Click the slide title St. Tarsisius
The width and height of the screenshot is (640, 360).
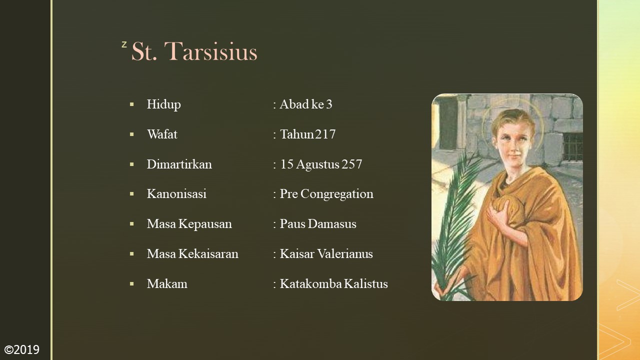tap(194, 52)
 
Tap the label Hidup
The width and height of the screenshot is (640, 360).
tap(163, 104)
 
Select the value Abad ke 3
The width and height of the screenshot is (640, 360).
tap(305, 104)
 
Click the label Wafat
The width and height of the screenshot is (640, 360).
tap(162, 134)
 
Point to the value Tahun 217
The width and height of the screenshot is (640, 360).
tap(307, 134)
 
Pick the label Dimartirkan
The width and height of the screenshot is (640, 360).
tap(179, 164)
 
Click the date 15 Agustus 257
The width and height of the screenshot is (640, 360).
tap(320, 164)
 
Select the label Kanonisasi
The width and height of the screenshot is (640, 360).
tap(176, 194)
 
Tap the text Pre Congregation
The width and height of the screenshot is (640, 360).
tap(326, 194)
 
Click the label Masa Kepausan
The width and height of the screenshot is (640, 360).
tap(189, 224)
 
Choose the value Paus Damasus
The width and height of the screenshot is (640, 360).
tap(317, 224)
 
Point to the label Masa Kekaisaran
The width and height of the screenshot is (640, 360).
tap(192, 254)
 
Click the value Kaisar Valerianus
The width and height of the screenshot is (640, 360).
tap(326, 254)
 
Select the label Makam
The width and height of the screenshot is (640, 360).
tap(167, 284)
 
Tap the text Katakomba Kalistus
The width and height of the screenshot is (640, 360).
tap(333, 284)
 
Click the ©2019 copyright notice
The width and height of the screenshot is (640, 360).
tap(21, 349)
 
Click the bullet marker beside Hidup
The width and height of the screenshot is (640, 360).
tap(132, 104)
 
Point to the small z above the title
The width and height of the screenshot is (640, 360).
tap(124, 45)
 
